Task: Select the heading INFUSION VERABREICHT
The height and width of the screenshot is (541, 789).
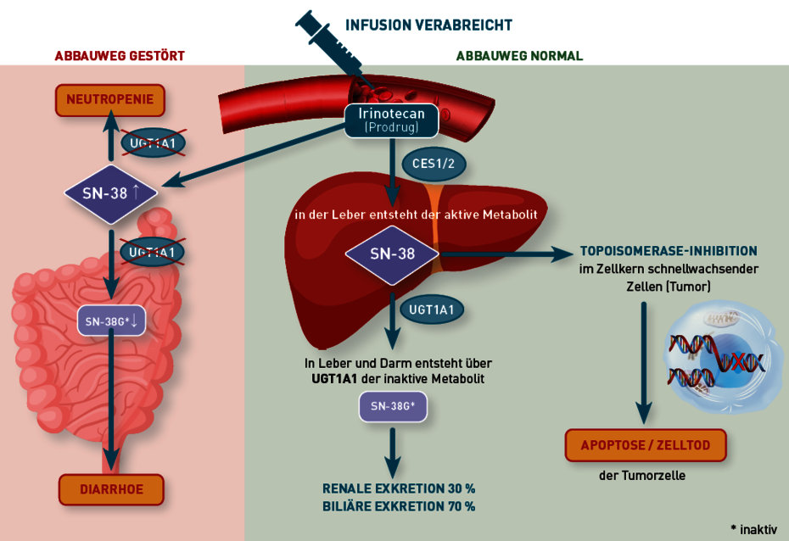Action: tap(428, 25)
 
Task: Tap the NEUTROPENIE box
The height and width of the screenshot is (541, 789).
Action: tap(109, 99)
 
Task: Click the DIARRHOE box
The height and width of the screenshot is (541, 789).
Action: tap(111, 489)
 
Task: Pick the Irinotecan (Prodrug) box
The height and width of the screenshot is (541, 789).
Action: tap(391, 120)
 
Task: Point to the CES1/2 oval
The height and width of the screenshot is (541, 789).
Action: tap(434, 164)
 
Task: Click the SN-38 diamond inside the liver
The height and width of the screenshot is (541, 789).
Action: tap(392, 254)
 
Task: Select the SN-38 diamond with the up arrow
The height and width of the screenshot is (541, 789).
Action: tap(110, 193)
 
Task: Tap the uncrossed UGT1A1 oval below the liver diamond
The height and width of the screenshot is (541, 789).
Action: tap(431, 310)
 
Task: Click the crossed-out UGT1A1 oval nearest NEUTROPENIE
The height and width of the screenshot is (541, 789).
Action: tap(153, 143)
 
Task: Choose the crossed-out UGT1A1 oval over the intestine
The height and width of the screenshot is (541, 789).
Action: tap(152, 252)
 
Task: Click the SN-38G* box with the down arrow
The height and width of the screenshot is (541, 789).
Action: tap(111, 321)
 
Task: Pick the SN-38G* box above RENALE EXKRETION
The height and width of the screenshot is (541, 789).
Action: tap(393, 406)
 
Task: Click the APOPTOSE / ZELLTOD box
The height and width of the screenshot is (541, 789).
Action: tap(646, 445)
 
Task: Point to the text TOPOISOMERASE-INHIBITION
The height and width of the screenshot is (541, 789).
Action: tap(669, 251)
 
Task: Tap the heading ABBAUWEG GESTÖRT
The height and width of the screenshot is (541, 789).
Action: tap(120, 56)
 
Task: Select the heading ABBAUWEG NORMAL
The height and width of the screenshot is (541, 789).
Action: tap(519, 56)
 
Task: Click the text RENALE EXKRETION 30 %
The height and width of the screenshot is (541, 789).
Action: tap(399, 488)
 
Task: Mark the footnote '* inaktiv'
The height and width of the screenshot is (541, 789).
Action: tap(753, 529)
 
